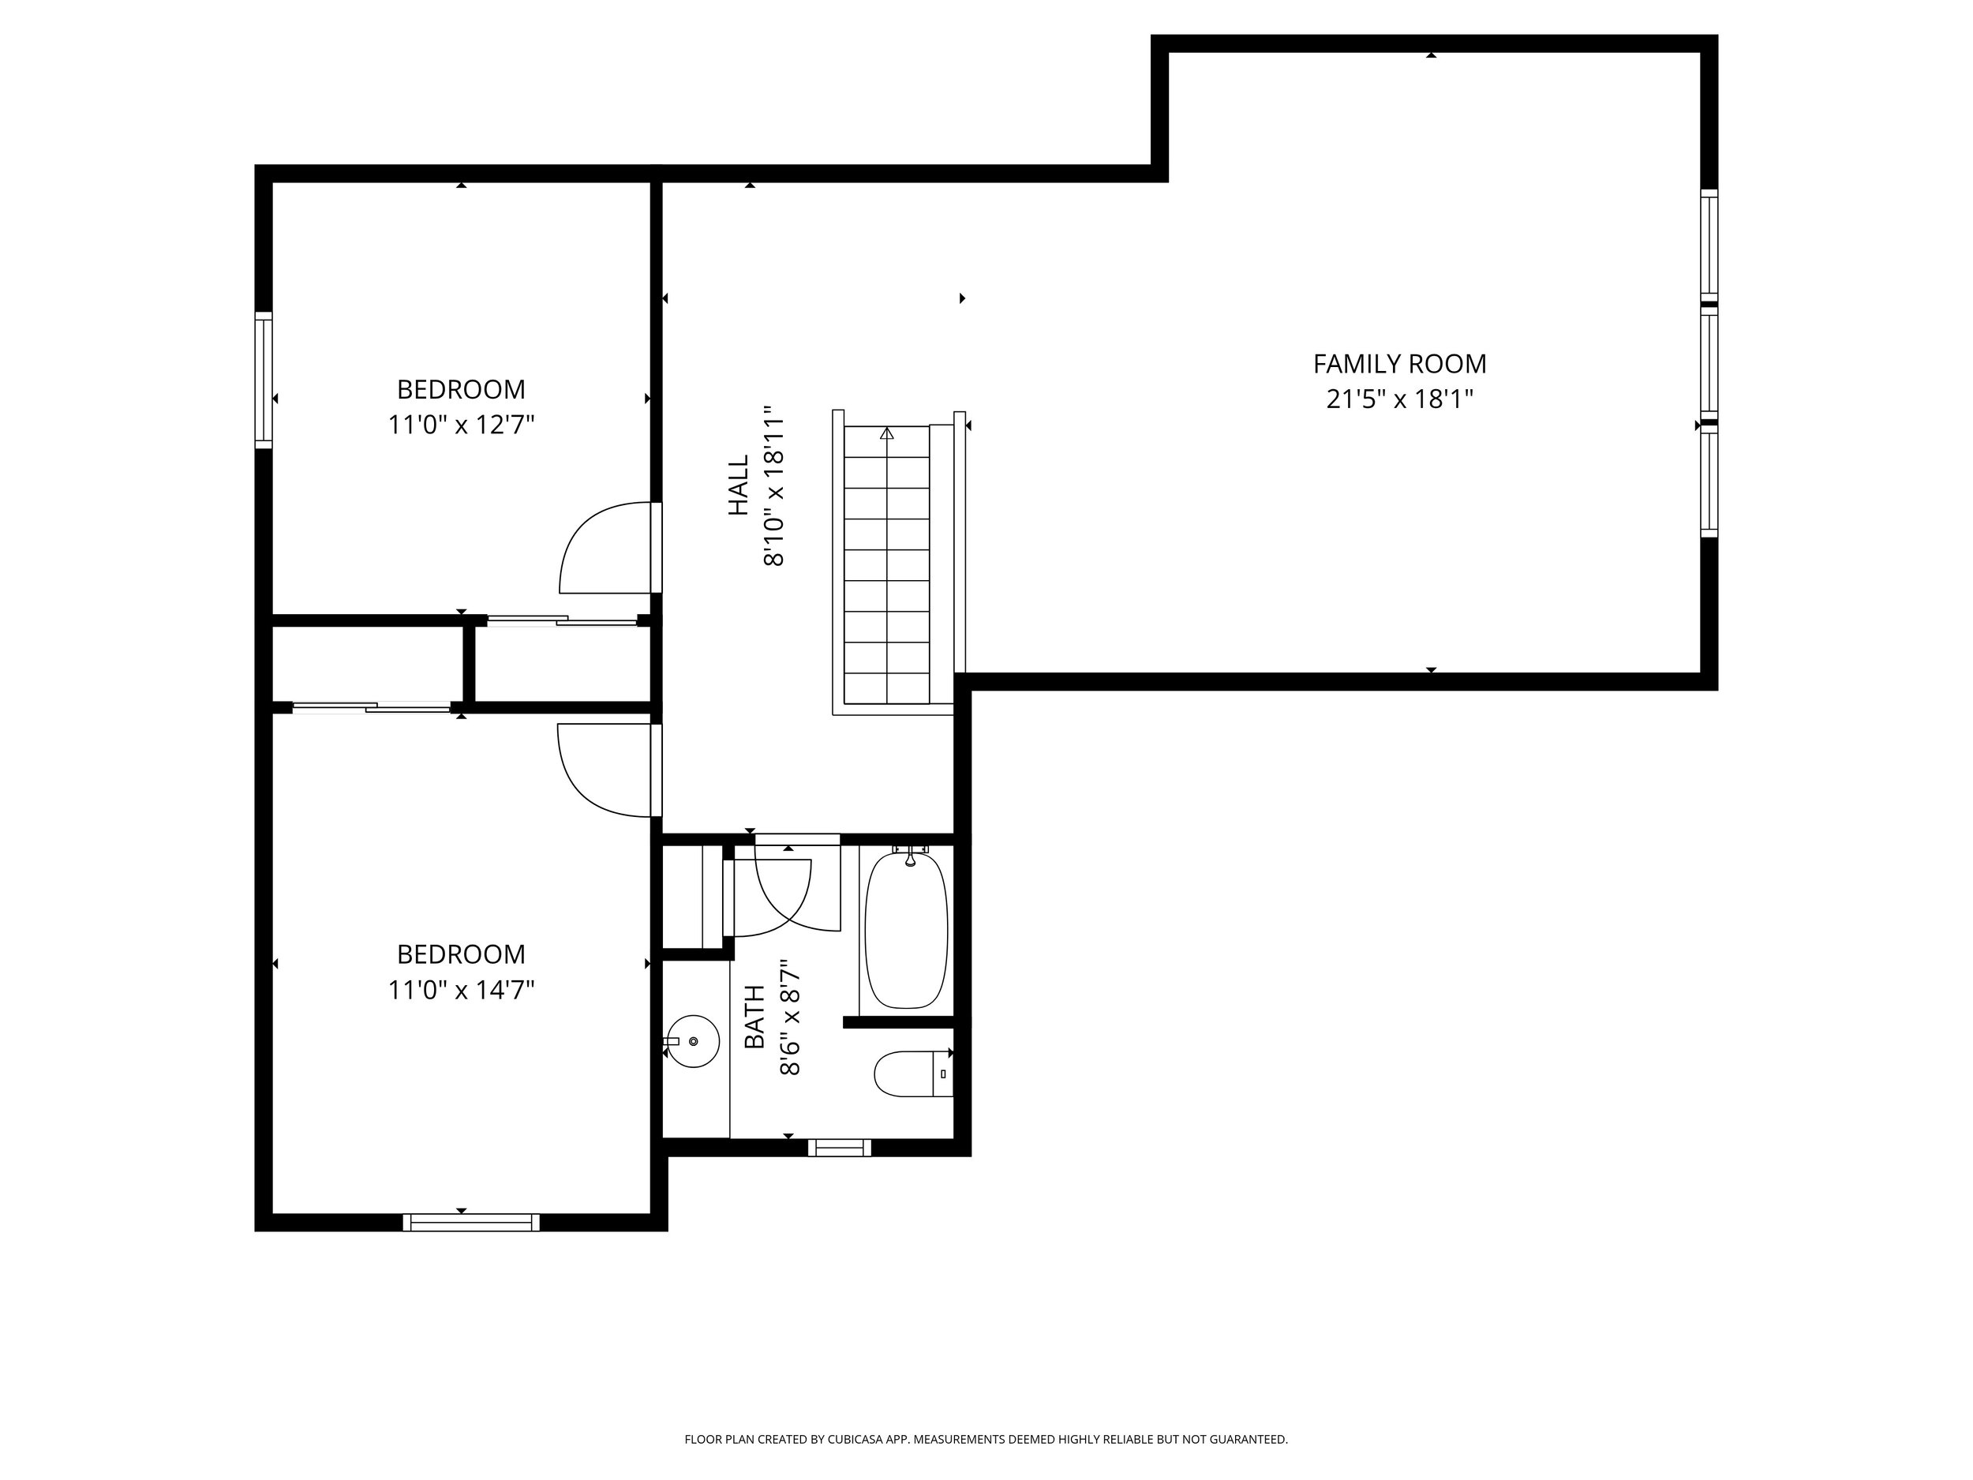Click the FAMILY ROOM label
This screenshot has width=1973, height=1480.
point(1399,364)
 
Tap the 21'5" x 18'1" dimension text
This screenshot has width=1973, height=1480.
point(1399,399)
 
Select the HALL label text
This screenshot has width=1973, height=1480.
point(739,485)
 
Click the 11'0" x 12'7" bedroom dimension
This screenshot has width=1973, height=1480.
point(461,425)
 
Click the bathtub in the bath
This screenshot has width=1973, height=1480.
point(906,930)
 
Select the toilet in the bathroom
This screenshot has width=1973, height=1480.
point(913,1074)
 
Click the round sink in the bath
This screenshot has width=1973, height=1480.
point(693,1041)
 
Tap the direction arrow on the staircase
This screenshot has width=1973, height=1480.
point(886,433)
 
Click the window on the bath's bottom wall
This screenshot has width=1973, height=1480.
point(840,1147)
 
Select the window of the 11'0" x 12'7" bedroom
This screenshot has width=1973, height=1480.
point(263,380)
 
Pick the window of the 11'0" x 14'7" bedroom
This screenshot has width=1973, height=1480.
point(471,1222)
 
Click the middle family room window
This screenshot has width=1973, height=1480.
point(1709,364)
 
